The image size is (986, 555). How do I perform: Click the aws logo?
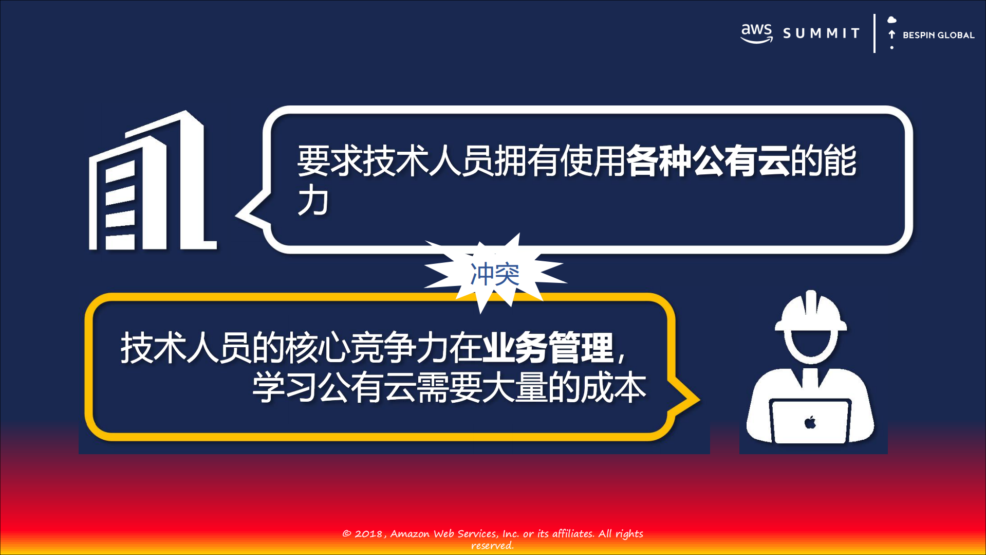[756, 33]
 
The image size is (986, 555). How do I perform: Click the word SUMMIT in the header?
[821, 33]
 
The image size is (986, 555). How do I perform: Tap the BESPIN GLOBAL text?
[938, 35]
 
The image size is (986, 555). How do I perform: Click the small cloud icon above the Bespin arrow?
[892, 20]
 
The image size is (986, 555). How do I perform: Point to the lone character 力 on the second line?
[313, 201]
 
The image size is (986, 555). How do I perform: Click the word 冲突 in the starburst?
[495, 274]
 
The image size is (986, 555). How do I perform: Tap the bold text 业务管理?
[548, 348]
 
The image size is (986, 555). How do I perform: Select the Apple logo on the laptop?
[810, 422]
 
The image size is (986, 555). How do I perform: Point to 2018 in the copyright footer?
[368, 534]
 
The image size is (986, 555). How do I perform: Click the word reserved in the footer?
[492, 546]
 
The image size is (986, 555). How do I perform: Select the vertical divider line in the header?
[874, 33]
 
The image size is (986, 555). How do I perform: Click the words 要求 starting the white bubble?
[330, 161]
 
